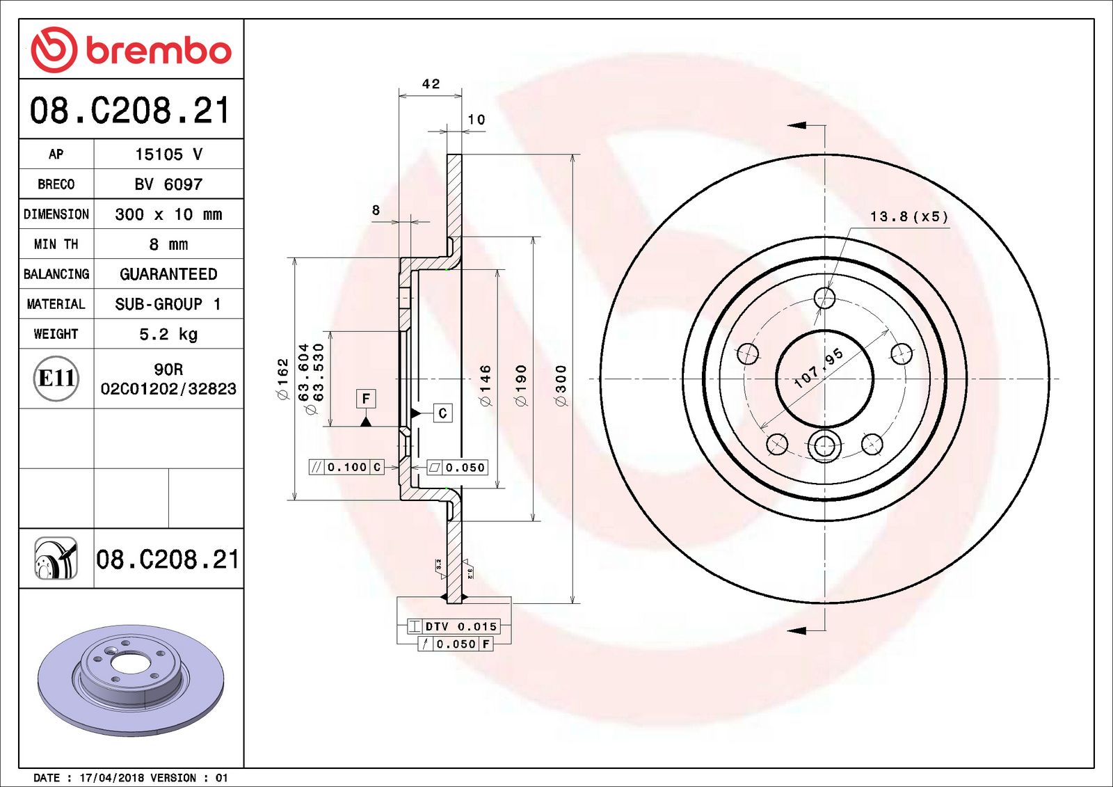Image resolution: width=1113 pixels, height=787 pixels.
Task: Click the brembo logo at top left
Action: pos(131,50)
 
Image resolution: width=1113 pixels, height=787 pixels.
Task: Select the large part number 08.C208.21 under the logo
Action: pos(130,111)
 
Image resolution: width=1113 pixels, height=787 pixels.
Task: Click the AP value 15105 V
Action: pos(168,154)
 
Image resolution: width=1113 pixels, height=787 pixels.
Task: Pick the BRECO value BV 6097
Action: pos(168,184)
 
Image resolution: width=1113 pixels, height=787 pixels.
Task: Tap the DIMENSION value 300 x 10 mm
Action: pos(168,214)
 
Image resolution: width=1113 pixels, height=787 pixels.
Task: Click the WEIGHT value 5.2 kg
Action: pos(168,334)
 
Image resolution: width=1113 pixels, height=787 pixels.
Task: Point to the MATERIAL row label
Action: pos(56,304)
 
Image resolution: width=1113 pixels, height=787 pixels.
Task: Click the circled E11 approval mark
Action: pos(56,378)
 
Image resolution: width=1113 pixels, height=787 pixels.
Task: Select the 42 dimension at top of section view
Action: pos(431,84)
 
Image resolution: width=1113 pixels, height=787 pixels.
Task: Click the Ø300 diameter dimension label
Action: pos(561,385)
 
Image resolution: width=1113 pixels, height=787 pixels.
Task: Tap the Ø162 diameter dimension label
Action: pos(282,379)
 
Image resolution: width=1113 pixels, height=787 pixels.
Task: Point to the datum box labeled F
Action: pos(366,399)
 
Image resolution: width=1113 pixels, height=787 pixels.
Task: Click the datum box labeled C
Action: pos(442,413)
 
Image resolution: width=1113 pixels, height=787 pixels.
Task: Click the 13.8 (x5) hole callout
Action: pos(908,217)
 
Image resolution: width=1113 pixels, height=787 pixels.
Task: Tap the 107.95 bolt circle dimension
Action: pos(819,367)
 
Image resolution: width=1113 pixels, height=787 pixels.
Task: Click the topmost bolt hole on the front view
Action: pos(824,298)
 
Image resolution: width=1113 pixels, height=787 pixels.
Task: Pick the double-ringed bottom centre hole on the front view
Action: pos(824,445)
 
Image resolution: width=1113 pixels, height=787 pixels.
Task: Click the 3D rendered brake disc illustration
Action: pos(131,678)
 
